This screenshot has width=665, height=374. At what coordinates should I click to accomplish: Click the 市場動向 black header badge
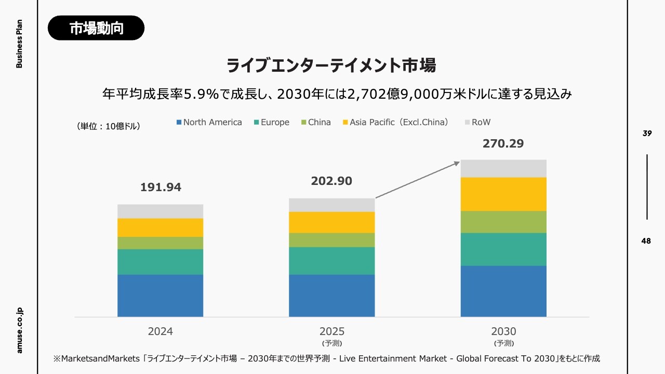(x=96, y=28)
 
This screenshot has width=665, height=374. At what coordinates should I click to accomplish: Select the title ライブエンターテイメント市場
(x=331, y=66)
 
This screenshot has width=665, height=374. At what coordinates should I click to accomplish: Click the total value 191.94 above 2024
(x=161, y=188)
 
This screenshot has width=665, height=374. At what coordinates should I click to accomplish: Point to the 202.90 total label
(x=331, y=181)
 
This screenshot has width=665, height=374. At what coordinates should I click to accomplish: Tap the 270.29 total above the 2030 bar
(x=503, y=144)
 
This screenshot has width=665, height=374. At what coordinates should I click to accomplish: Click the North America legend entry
(x=209, y=123)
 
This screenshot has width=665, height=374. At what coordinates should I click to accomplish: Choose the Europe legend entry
(x=272, y=123)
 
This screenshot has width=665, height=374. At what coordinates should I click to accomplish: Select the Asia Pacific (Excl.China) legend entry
(x=395, y=123)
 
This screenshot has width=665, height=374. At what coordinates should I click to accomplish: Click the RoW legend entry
(x=478, y=123)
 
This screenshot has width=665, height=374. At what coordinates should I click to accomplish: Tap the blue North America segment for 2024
(x=160, y=295)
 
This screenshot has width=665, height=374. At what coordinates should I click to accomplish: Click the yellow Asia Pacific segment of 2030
(x=503, y=194)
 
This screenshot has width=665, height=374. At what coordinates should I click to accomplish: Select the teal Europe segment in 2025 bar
(x=331, y=261)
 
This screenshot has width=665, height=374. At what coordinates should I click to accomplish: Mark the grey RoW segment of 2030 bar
(x=503, y=168)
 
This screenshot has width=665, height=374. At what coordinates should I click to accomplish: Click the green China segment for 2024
(x=160, y=243)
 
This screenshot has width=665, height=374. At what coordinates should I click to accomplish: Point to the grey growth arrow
(x=418, y=179)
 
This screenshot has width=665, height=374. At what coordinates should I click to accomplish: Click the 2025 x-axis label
(x=331, y=331)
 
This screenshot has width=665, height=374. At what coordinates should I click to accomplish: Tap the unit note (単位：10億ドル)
(x=109, y=126)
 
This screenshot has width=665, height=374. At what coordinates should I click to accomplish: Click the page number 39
(x=647, y=133)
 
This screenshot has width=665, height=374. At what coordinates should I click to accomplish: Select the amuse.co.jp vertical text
(x=20, y=330)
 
